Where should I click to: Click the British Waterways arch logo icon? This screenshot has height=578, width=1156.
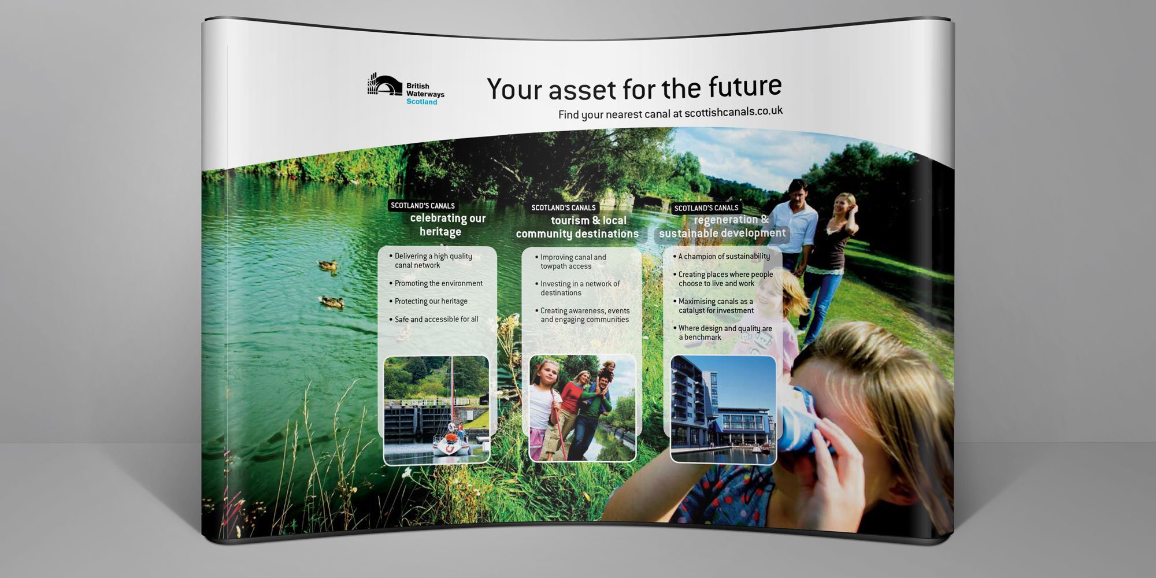385,85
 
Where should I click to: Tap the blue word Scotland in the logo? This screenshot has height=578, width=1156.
422,102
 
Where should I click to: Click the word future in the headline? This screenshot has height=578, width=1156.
745,87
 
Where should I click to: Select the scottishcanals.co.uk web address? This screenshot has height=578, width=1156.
733,112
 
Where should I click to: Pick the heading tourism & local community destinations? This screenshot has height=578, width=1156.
577,227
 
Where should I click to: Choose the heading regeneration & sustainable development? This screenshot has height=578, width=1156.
722,227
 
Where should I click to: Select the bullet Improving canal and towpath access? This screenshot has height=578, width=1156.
570,262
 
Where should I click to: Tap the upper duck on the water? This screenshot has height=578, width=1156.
328,265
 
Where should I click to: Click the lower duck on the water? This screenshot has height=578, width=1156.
332,302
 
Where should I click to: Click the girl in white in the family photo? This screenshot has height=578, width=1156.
544,407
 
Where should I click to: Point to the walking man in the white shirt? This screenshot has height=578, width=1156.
795,225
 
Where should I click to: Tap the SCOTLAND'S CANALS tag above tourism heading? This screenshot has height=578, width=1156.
564,208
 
